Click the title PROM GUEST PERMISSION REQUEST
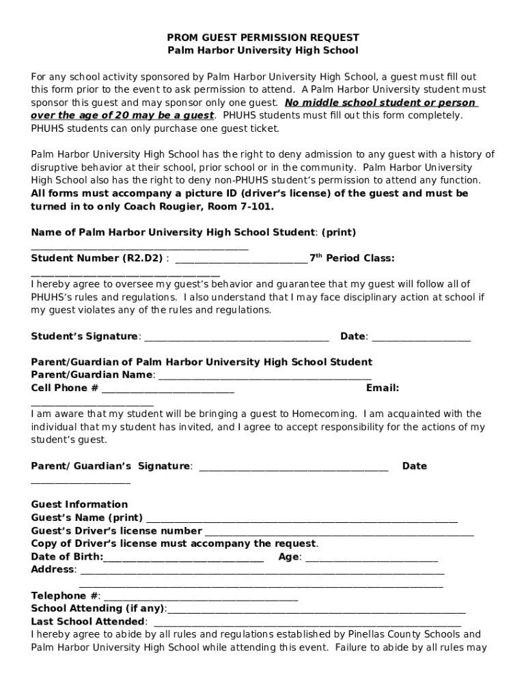pos(263,38)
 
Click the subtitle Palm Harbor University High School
pos(263,51)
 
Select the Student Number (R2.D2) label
pos(97,258)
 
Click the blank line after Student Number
pos(241,259)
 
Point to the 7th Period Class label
pos(352,258)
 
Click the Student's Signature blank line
pos(236,337)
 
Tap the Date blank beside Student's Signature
pos(421,337)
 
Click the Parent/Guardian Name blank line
pos(264,376)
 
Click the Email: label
pos(383,388)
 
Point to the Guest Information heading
pos(79,504)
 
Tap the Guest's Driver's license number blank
pos(339,532)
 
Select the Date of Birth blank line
pos(184,558)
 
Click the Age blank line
pos(372,558)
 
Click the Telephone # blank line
pos(201,597)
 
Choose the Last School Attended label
pos(88,621)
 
